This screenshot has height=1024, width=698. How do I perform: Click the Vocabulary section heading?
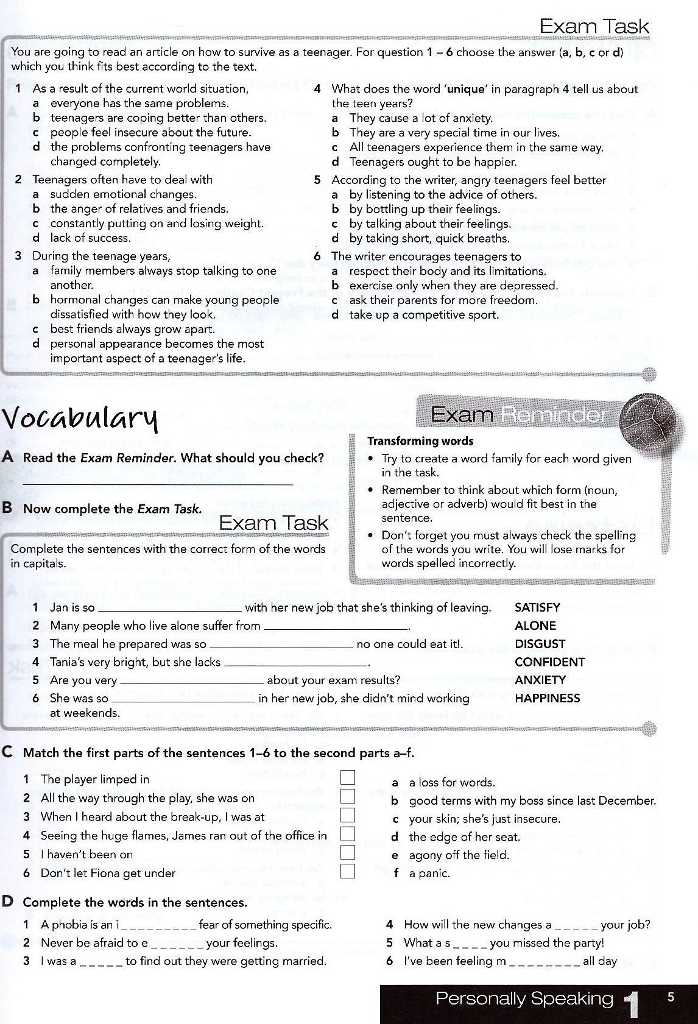click(80, 419)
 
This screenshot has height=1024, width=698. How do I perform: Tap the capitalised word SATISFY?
click(537, 607)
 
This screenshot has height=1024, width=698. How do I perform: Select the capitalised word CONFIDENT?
click(549, 662)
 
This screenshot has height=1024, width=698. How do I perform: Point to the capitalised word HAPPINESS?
click(548, 698)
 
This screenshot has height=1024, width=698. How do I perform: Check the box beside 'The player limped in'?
click(348, 777)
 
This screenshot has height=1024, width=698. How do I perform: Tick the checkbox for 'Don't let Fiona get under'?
click(348, 871)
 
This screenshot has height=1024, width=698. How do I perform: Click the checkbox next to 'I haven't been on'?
click(348, 853)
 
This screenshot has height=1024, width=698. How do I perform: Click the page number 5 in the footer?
click(671, 998)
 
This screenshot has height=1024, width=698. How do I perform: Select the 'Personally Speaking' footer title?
click(524, 999)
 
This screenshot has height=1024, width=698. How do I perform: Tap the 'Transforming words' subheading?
click(420, 441)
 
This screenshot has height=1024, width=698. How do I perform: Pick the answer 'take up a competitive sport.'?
click(424, 315)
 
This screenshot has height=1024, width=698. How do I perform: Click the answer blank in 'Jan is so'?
click(169, 609)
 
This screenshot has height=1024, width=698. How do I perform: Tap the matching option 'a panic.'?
click(429, 874)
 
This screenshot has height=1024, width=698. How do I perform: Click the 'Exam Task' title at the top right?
click(594, 26)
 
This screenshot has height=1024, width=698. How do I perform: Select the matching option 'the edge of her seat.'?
click(464, 837)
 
